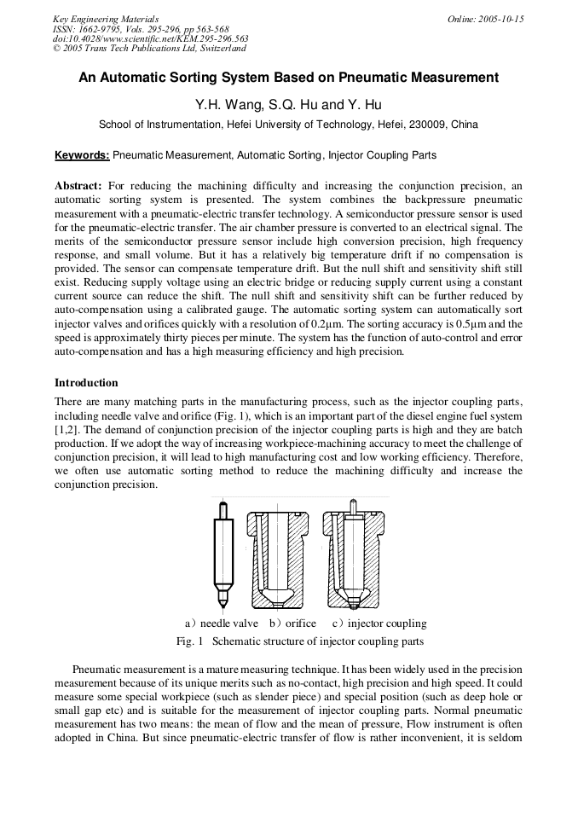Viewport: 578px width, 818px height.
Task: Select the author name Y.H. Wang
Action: pos(223,105)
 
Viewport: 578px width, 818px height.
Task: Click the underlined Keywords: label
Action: pos(82,155)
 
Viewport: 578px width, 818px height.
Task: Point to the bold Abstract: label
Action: pos(78,185)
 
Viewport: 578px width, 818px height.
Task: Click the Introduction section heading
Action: pos(86,383)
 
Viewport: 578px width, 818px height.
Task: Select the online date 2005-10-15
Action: pos(500,19)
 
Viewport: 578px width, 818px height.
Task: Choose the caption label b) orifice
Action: pos(292,624)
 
